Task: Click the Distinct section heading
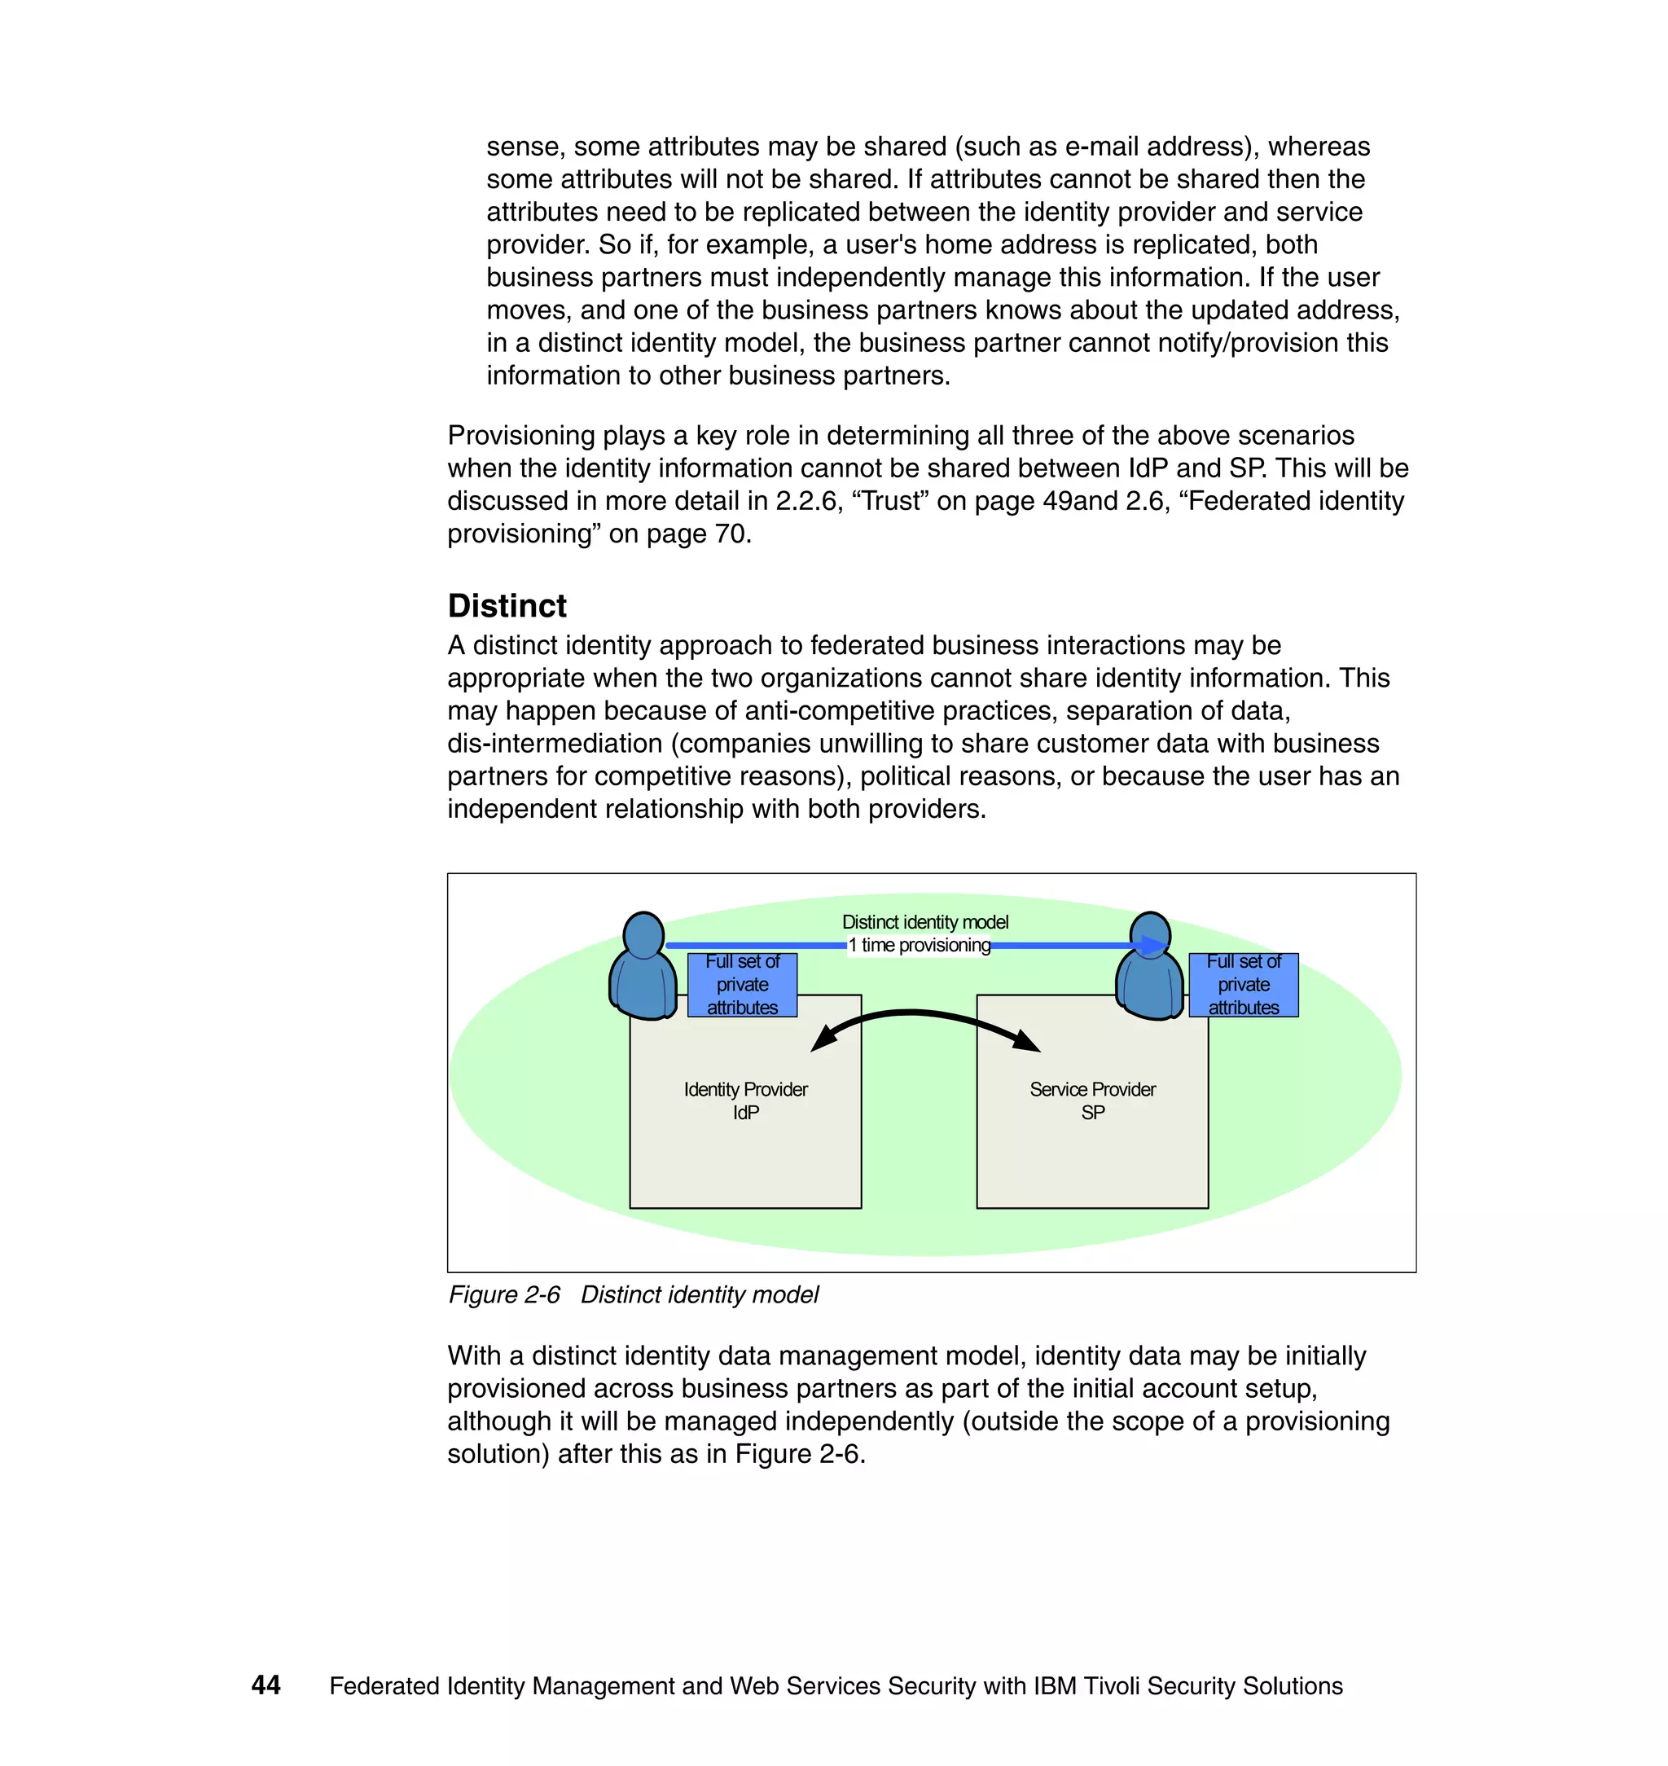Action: pos(507,605)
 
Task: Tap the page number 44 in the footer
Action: pos(266,1685)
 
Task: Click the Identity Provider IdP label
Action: pos(745,1100)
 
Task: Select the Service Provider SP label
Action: pos(1092,1100)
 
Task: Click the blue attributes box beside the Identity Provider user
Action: pos(743,984)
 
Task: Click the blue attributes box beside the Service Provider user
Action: pos(1243,984)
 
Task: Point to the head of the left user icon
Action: pos(643,934)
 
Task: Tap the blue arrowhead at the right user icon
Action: pos(1154,945)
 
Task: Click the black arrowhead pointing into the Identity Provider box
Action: pos(823,1039)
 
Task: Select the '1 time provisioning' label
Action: pos(919,945)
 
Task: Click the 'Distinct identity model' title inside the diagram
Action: pos(924,922)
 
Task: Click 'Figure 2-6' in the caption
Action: pos(504,1294)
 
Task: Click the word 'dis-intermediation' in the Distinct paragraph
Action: pos(555,744)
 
